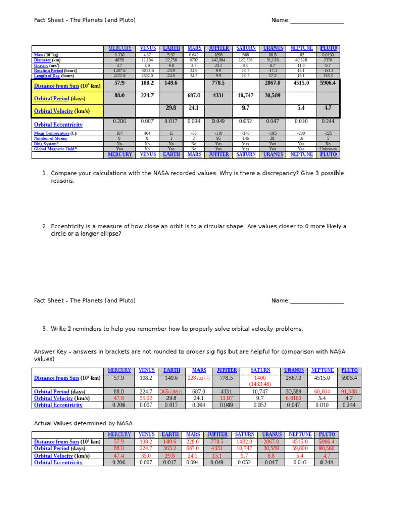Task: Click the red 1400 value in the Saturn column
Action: coord(260,378)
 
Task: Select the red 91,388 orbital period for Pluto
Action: coord(349,392)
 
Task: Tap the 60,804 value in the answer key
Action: coord(322,392)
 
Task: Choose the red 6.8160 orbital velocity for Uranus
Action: coord(294,398)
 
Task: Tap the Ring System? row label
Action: coord(46,144)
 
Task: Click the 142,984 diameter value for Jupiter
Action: coord(219,60)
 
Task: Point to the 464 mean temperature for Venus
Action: coord(147,133)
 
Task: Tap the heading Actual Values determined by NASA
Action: coord(83,423)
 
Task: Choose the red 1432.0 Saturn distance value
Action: coord(244,442)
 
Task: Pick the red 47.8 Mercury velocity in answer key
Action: coord(119,398)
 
